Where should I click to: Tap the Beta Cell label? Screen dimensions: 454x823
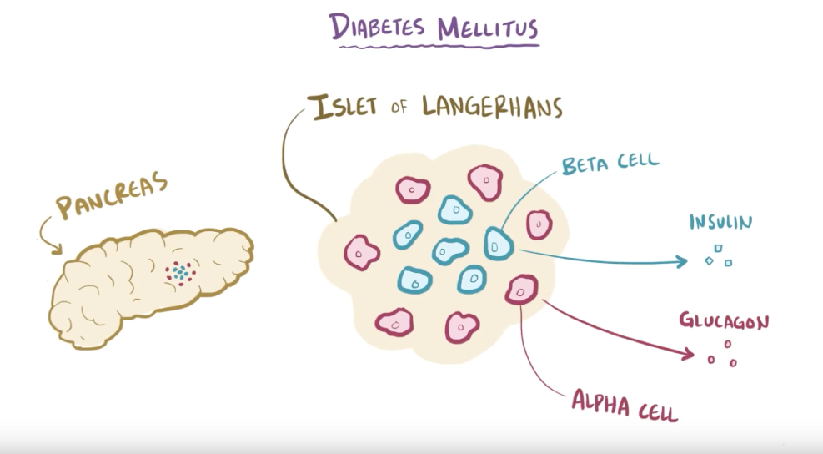pos(610,163)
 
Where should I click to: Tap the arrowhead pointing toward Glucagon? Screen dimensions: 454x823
pos(688,356)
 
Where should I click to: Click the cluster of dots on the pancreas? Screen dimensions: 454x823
pos(179,272)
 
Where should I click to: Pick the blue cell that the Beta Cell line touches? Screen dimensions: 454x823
pos(498,244)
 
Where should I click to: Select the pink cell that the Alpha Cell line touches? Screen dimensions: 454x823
pos(521,290)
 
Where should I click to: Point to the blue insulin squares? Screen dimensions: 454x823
pos(718,255)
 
